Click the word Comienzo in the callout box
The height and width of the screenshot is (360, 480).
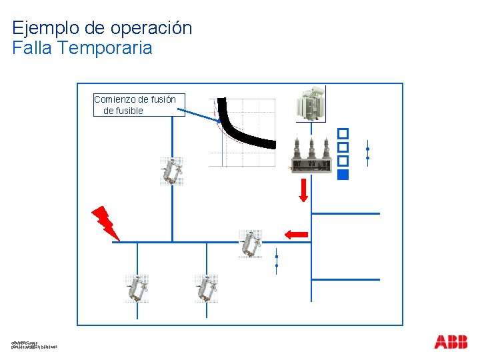(117, 99)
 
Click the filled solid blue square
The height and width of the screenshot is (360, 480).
(343, 175)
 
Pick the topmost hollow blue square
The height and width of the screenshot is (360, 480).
(343, 133)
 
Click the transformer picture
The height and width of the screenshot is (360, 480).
(311, 105)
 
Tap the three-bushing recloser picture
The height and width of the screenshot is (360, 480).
(311, 157)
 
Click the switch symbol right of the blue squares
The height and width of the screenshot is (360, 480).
(367, 153)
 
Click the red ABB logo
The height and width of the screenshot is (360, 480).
(451, 342)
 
